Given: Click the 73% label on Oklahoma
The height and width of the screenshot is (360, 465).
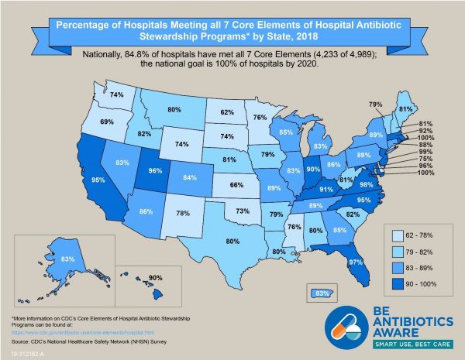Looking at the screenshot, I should (242, 210).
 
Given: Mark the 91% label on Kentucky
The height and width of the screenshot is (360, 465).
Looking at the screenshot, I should (326, 189).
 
